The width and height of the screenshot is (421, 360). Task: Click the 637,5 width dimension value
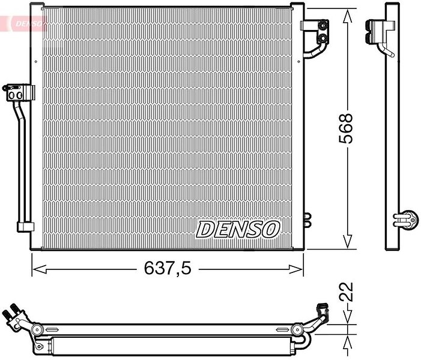coord(168,268)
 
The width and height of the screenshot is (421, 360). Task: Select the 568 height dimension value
coord(345,128)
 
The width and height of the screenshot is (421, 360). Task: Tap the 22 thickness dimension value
coord(345,292)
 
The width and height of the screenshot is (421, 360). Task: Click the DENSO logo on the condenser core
coord(238,229)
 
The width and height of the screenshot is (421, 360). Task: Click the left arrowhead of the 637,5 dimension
coord(39,269)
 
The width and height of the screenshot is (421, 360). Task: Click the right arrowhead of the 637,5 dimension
coord(296,269)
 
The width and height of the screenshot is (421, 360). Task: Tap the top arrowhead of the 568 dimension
coord(348,17)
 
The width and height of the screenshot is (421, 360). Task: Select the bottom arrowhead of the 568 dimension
coord(348,241)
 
